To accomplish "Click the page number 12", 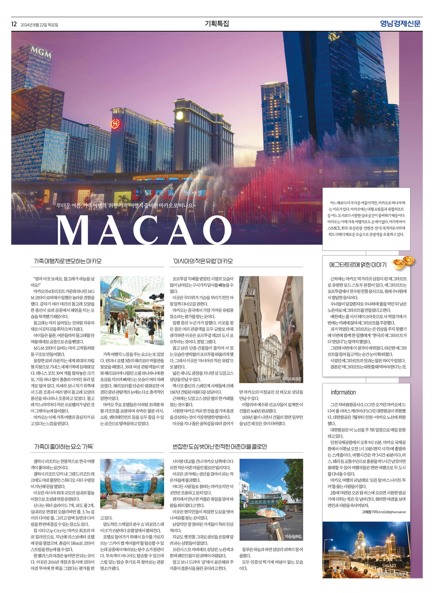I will pyautogui.click(x=14, y=24).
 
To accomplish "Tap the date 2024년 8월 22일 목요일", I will pyautogui.click(x=39, y=25).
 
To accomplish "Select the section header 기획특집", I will pyautogui.click(x=217, y=24).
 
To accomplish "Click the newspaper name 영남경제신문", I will pyautogui.click(x=400, y=24).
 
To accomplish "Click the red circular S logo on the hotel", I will pyautogui.click(x=115, y=124).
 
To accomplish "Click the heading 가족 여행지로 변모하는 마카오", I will pyautogui.click(x=67, y=261).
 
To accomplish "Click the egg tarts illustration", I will pyautogui.click(x=403, y=262).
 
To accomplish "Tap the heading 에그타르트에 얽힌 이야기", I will pyautogui.click(x=357, y=265).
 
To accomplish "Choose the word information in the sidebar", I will pyautogui.click(x=343, y=392).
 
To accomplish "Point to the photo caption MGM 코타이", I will pyautogui.click(x=154, y=341).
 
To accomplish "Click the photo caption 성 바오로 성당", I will pyautogui.click(x=292, y=379).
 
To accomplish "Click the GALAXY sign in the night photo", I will pyautogui.click(x=389, y=565).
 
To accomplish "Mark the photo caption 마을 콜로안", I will pyautogui.click(x=293, y=537).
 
